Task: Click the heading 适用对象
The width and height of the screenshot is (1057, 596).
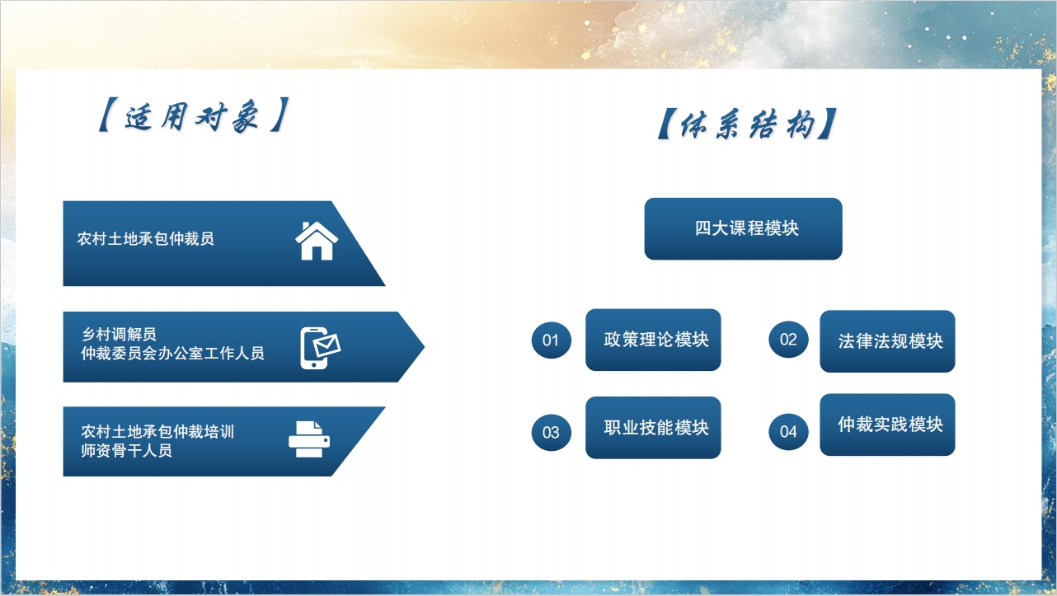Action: tap(192, 116)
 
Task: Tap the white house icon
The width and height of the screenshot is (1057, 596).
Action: tap(316, 241)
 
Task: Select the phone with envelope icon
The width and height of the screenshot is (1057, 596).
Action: tap(320, 348)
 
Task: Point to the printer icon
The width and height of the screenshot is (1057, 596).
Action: tap(309, 439)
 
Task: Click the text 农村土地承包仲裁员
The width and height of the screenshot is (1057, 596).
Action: tap(145, 239)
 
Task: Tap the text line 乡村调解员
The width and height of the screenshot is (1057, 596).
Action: tap(119, 334)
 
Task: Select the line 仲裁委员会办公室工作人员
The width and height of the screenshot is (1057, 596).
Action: tap(172, 353)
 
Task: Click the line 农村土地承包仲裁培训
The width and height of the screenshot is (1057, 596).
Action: tap(157, 431)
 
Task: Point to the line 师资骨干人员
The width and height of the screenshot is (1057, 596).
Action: tap(126, 450)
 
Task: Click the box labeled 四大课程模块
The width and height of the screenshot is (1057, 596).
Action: tap(743, 229)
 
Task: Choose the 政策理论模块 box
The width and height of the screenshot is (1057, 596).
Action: tap(653, 340)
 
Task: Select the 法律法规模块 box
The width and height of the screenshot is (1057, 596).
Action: tap(888, 341)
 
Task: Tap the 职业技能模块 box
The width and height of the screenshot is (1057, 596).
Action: tap(653, 428)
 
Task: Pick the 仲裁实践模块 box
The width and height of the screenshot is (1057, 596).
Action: tap(888, 425)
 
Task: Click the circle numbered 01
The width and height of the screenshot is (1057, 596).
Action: tap(551, 340)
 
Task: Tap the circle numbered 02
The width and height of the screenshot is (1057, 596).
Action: tap(788, 340)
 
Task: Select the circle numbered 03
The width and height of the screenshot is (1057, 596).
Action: tap(551, 433)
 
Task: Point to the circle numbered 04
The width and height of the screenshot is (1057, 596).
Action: tap(788, 432)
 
